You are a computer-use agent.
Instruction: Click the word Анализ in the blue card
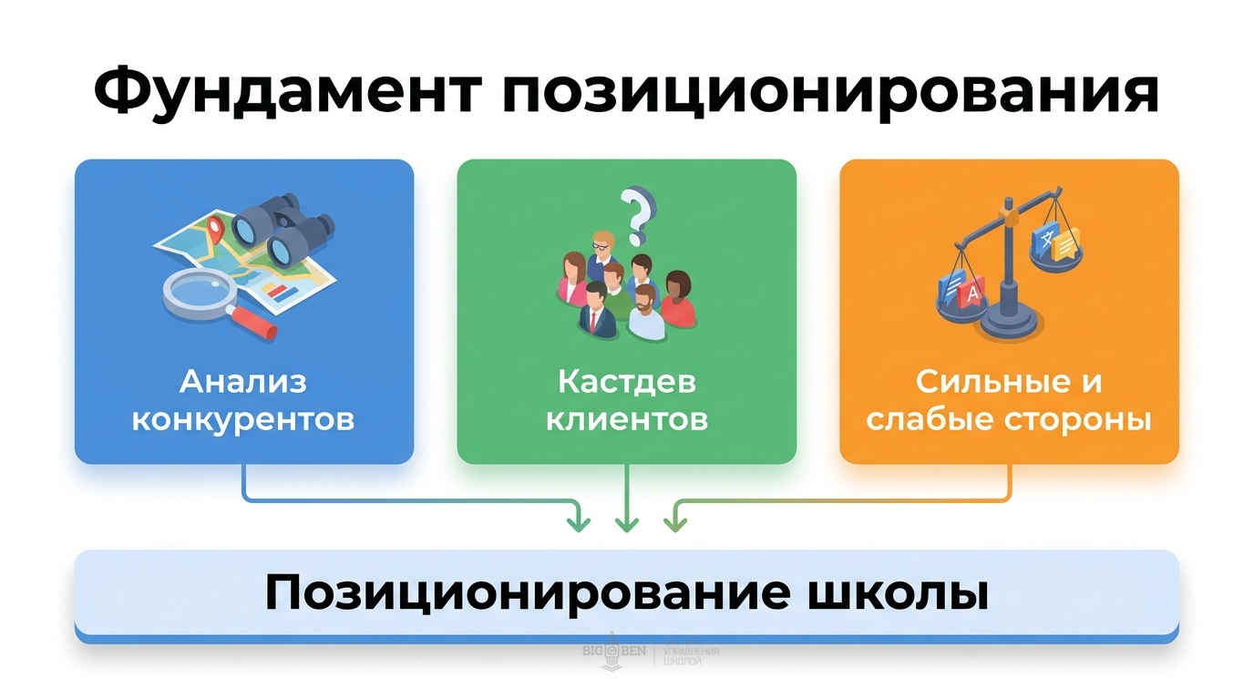[243, 382]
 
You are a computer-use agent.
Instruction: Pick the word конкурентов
[243, 421]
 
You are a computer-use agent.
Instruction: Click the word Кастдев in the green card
[626, 382]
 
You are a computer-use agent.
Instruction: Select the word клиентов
[626, 421]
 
